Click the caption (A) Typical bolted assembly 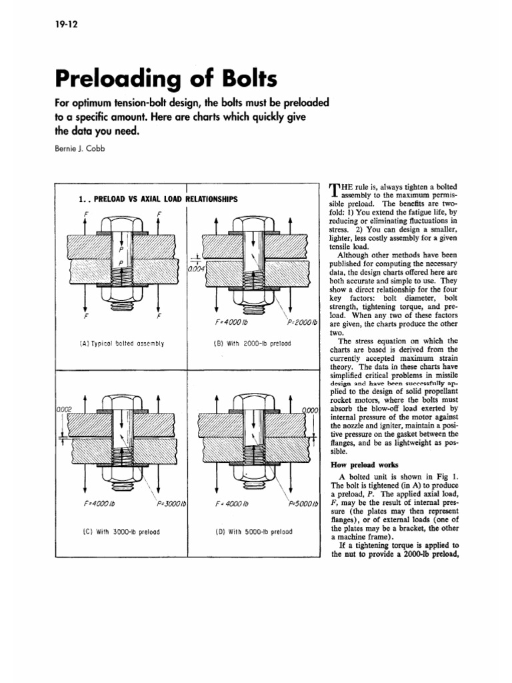coord(121,344)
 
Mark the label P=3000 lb coord(170,504)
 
